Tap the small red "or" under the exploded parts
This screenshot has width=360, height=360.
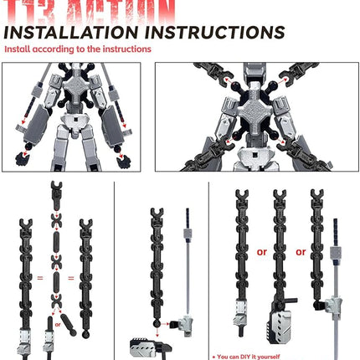[x=57, y=318]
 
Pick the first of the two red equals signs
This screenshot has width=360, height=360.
[x=38, y=275]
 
